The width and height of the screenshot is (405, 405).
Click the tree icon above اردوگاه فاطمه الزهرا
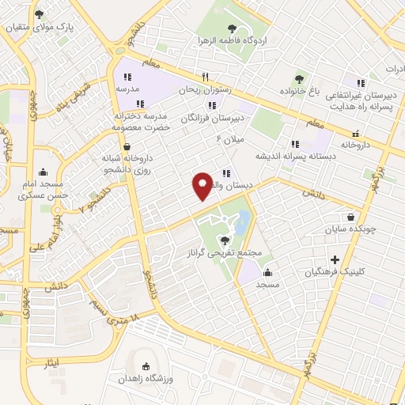(231, 29)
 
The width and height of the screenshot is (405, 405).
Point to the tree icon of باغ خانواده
(300, 78)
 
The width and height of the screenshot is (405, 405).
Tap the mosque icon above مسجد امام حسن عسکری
(42, 172)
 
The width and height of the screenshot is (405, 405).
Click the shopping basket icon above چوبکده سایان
(350, 217)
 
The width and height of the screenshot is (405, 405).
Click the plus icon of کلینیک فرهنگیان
(335, 259)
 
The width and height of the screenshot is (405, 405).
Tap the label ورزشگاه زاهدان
(146, 379)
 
